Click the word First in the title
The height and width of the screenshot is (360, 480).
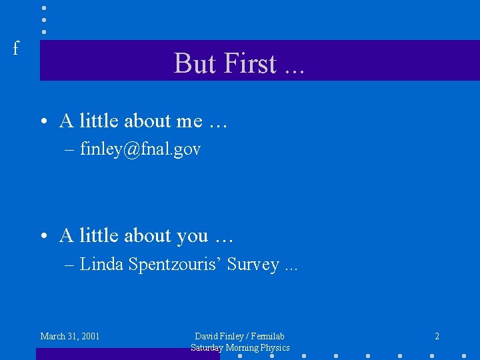point(250,63)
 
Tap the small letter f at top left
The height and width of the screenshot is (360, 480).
point(16,48)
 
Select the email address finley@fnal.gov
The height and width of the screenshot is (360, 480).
point(140,149)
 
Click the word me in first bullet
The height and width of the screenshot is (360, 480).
point(189,121)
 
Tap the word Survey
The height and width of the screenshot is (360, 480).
point(253,265)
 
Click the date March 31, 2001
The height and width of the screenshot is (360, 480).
point(70,336)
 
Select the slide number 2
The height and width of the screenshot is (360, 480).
point(437,336)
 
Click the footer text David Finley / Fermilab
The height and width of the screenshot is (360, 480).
point(239,336)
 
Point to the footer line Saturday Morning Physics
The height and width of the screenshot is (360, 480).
point(240,347)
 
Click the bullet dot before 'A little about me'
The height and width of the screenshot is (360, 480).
point(42,122)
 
